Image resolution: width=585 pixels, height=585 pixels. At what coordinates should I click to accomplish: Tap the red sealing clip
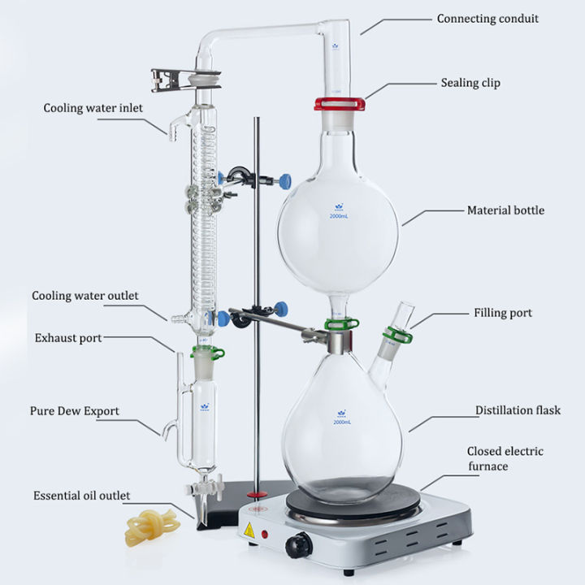(x=340, y=104)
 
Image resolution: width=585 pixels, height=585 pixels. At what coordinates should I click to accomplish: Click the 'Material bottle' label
(x=505, y=210)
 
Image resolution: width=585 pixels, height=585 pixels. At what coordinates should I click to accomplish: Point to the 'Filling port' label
(x=503, y=312)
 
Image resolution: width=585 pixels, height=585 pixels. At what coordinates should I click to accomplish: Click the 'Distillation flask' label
(x=518, y=411)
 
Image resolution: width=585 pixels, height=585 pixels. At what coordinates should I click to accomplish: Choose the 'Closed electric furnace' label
(x=505, y=459)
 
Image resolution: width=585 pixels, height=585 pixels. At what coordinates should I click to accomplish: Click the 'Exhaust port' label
(x=68, y=337)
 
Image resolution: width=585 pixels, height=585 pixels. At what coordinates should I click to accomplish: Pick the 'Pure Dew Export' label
(x=75, y=411)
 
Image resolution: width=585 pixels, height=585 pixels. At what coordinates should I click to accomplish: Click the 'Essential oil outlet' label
(x=81, y=495)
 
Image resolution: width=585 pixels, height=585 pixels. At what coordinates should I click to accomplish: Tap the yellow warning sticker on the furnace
(x=248, y=531)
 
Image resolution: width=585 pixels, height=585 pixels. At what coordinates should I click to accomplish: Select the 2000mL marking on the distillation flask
(x=341, y=421)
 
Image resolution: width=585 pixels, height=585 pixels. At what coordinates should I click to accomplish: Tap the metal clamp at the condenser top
(x=179, y=80)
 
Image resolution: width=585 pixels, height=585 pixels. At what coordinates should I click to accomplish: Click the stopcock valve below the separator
(x=196, y=489)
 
